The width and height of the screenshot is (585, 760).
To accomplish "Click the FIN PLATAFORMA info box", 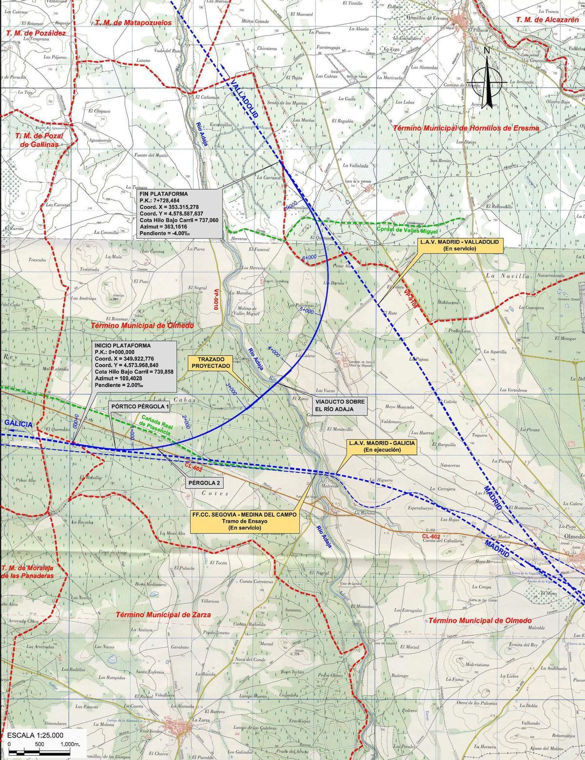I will click(x=180, y=214).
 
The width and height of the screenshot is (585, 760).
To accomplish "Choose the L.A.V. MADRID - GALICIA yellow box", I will click(x=381, y=447).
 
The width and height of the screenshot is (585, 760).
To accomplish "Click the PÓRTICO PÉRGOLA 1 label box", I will click(x=140, y=406).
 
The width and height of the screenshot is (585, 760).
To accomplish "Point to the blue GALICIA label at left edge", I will click(x=18, y=424).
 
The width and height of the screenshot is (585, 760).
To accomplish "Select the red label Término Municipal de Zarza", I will click(x=163, y=615).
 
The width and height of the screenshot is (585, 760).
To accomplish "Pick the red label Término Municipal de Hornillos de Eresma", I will click(x=466, y=128).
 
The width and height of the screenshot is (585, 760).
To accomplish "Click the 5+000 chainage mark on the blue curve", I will click(x=306, y=310).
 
